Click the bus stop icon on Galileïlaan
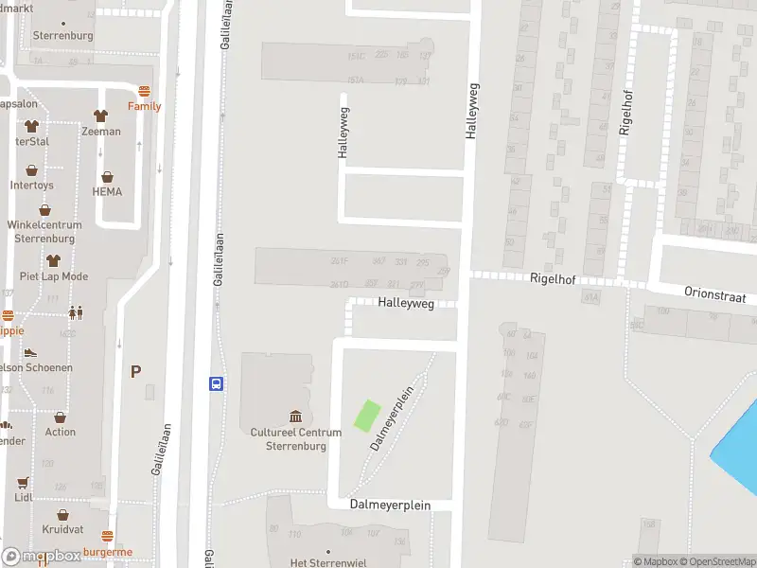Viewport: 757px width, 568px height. click(217, 383)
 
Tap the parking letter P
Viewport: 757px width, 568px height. click(135, 372)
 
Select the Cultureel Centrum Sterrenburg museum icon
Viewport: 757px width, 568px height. click(295, 417)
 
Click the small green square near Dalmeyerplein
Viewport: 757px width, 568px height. click(367, 416)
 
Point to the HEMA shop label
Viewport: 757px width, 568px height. click(107, 192)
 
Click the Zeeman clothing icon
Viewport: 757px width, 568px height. click(100, 115)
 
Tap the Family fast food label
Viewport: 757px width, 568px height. click(145, 106)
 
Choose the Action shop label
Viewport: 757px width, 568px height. click(61, 432)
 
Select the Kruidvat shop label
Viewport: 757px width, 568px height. click(62, 529)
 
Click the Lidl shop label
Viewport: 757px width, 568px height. click(24, 497)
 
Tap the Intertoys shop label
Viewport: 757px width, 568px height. click(32, 186)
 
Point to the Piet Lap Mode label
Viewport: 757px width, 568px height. click(54, 276)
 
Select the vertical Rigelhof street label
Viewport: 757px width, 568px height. click(625, 113)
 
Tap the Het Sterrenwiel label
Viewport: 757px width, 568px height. click(327, 562)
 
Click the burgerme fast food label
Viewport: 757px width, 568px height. click(108, 552)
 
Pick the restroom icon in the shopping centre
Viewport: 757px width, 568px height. click(75, 311)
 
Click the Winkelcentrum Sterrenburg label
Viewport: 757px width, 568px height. click(44, 232)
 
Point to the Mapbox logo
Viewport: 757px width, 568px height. click(41, 557)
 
